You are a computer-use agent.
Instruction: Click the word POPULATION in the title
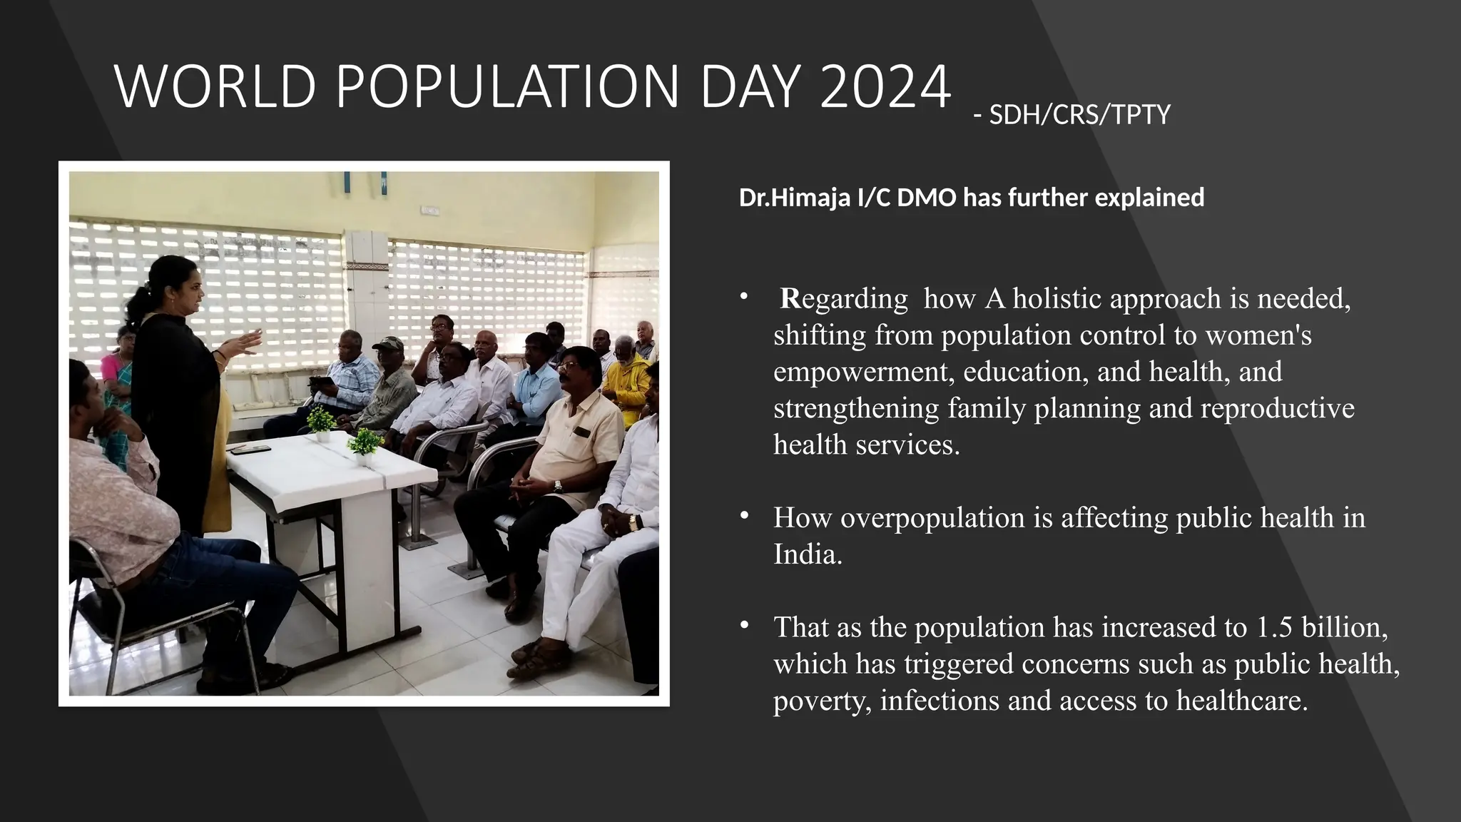click(x=506, y=87)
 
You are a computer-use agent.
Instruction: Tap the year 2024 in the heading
click(x=885, y=87)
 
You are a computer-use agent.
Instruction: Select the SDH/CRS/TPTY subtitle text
click(x=1079, y=115)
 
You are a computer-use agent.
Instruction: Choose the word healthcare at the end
click(x=1242, y=701)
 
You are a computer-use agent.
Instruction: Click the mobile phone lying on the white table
click(x=250, y=449)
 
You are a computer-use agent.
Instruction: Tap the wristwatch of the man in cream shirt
click(x=558, y=486)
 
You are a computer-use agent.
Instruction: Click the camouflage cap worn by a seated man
click(x=388, y=343)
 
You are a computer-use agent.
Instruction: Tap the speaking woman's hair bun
click(x=136, y=303)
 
